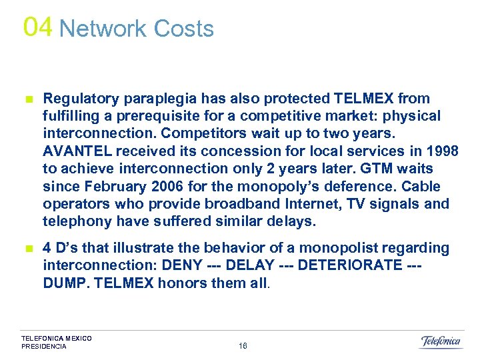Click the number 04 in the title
[37, 27]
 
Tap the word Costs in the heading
[183, 29]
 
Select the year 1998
[441, 151]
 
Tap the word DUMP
[64, 283]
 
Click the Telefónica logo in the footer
[441, 341]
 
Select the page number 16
[243, 346]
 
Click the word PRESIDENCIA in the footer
[44, 347]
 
